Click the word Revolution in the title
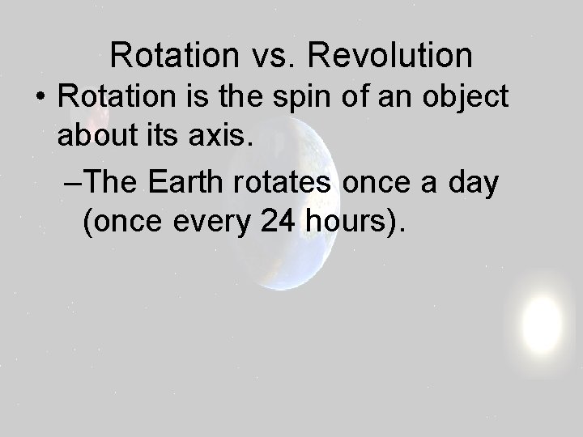tap(392, 55)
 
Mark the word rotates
tap(287, 183)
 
